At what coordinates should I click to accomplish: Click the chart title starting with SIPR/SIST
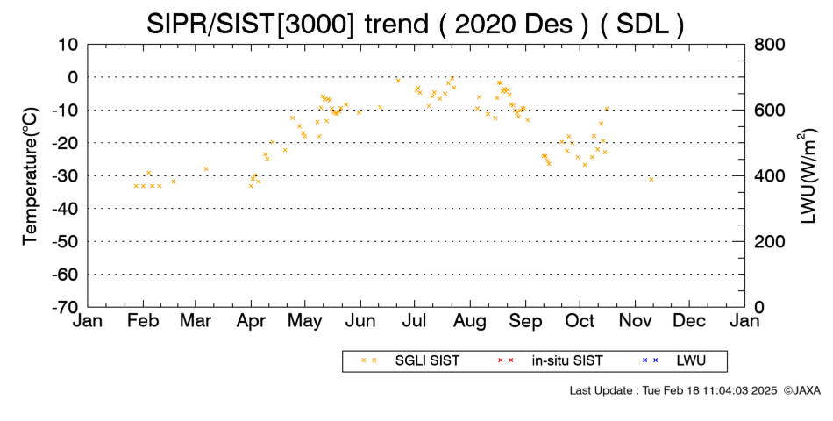[415, 24]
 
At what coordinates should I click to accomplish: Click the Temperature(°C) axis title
[31, 176]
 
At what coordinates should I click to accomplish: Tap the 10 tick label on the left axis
[68, 45]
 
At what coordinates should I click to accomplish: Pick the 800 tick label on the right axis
[770, 45]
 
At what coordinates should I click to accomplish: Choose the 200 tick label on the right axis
[770, 242]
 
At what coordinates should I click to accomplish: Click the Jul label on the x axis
[415, 321]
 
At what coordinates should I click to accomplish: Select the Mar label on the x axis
[196, 321]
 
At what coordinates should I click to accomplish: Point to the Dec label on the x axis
[689, 321]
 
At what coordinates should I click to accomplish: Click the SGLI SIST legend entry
[410, 361]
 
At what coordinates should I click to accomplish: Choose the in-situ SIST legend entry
[550, 361]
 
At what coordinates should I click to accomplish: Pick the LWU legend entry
[674, 361]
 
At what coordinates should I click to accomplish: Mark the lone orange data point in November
[651, 179]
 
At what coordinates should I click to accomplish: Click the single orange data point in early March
[206, 169]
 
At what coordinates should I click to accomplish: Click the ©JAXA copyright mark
[801, 390]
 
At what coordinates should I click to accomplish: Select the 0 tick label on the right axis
[759, 307]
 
